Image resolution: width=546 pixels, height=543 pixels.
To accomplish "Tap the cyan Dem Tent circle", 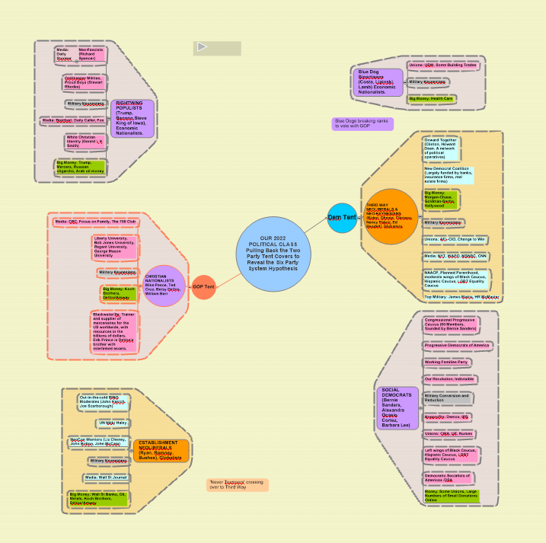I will tap(342, 218).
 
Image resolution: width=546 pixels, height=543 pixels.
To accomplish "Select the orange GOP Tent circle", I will tap(203, 287).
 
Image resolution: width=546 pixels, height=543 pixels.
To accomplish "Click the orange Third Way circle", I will tap(391, 216).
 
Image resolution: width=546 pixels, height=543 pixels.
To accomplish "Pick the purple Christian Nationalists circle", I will tap(164, 286).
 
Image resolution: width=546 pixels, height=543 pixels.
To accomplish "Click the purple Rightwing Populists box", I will tap(133, 118).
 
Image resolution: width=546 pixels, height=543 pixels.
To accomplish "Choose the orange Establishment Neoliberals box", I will tap(161, 450).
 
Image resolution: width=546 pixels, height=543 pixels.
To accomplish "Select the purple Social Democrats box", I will tap(398, 407).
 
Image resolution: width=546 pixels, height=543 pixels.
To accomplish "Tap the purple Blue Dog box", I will tap(376, 82).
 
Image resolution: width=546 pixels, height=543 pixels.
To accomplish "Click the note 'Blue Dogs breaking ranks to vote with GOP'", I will tap(363, 123).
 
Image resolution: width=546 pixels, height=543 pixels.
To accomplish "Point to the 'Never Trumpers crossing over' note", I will tap(238, 484).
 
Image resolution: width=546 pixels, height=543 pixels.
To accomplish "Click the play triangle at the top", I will tap(203, 47).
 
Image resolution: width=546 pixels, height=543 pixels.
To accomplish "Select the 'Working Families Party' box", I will tap(447, 362).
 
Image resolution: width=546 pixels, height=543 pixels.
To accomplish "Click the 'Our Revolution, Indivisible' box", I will tap(449, 379).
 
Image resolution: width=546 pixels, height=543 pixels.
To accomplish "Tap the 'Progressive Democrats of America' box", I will tap(458, 345).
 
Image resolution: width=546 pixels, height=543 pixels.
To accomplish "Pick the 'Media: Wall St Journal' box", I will tap(106, 478).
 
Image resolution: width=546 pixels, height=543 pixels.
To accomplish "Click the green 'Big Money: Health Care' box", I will tap(431, 99).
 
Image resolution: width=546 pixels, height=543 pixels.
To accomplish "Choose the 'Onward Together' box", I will tap(442, 148).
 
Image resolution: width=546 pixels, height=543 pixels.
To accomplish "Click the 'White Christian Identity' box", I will tap(85, 142).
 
